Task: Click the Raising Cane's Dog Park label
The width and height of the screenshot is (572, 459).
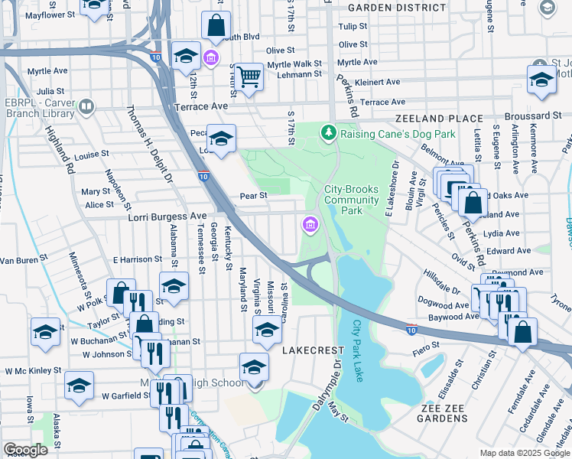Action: tap(398, 134)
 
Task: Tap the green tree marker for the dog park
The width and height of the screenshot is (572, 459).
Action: tap(329, 134)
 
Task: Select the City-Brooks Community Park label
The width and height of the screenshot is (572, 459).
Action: tap(352, 200)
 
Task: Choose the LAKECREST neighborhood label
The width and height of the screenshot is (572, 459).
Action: tap(314, 350)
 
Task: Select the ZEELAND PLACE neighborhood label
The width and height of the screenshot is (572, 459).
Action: tap(438, 119)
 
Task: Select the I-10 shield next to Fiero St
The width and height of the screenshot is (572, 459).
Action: tap(411, 330)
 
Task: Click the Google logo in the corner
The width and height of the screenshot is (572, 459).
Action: tap(25, 449)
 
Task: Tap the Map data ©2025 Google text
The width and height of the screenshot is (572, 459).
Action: tap(524, 453)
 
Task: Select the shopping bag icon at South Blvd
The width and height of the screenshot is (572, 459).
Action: tap(216, 27)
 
